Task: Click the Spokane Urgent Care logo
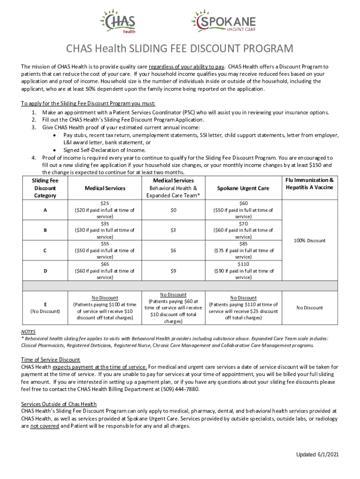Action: coord(223,22)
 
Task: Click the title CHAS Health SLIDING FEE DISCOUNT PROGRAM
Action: coord(180,49)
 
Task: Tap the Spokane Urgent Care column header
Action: coord(243,188)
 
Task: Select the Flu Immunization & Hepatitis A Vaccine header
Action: coord(309,184)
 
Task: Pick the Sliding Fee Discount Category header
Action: coord(45,188)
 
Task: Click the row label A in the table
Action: coord(45,210)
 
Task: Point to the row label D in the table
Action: coord(45,271)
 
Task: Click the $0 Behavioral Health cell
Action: coord(173,210)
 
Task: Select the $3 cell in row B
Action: coord(173,230)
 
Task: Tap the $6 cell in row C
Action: coord(173,250)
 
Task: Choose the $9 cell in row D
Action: coord(173,271)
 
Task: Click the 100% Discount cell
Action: coord(309,240)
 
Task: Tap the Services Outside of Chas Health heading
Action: coord(59,404)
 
